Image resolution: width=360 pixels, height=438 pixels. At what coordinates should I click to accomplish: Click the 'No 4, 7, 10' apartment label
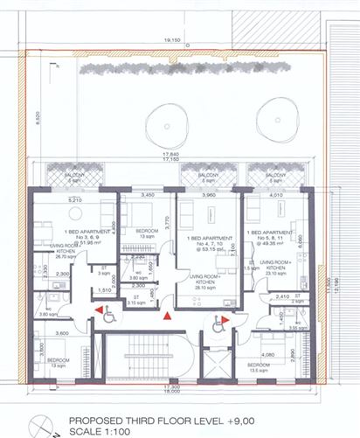[x=208, y=245]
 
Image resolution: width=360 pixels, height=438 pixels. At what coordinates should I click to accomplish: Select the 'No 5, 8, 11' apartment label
[x=271, y=239]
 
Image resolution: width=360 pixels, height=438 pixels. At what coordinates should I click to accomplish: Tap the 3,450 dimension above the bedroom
[x=147, y=195]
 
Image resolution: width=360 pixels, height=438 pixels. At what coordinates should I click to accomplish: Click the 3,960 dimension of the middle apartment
[x=206, y=195]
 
